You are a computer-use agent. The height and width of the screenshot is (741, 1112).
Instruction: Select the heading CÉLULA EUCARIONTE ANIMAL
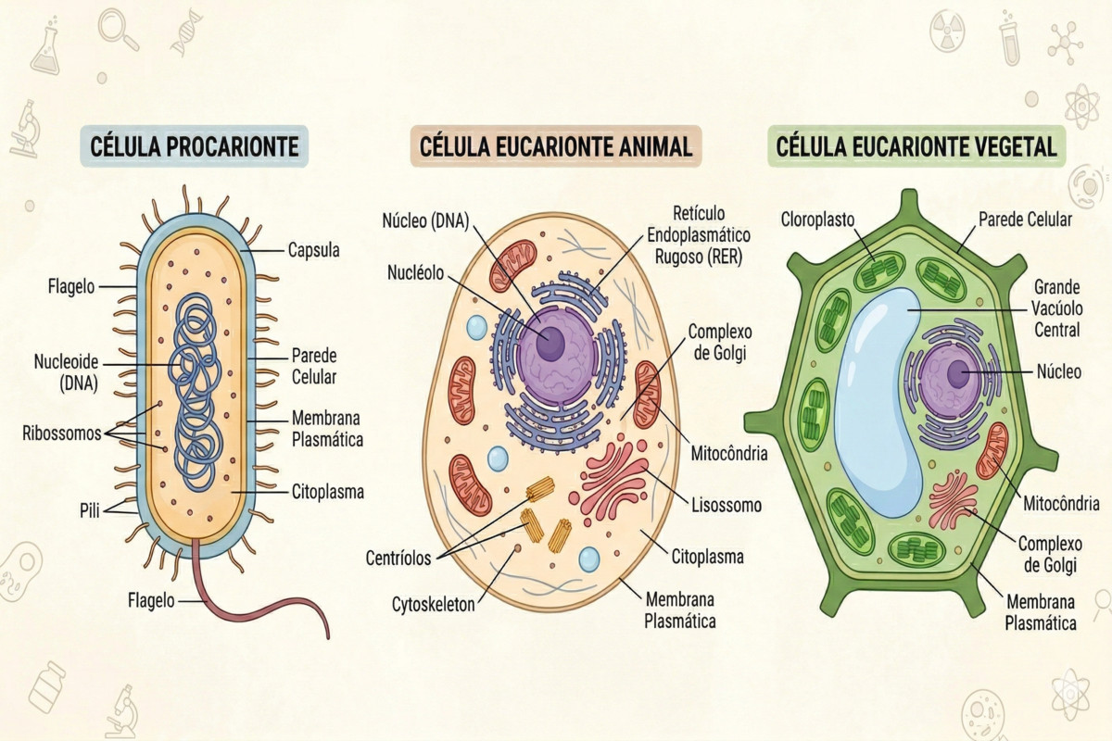click(555, 147)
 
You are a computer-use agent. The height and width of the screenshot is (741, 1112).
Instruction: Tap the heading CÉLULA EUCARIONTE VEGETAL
click(916, 147)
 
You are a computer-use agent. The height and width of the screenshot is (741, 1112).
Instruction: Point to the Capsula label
click(313, 250)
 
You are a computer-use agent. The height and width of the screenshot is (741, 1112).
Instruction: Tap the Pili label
click(91, 508)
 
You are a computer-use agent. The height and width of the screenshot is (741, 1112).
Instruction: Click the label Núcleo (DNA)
click(425, 220)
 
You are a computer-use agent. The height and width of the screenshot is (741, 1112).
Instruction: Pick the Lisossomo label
click(727, 506)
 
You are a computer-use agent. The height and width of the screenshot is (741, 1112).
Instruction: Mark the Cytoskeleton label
click(433, 604)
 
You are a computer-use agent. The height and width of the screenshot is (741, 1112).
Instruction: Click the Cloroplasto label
click(817, 220)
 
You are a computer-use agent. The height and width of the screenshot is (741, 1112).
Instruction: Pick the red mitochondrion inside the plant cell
click(992, 451)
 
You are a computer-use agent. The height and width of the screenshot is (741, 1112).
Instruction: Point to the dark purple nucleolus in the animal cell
click(550, 343)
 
